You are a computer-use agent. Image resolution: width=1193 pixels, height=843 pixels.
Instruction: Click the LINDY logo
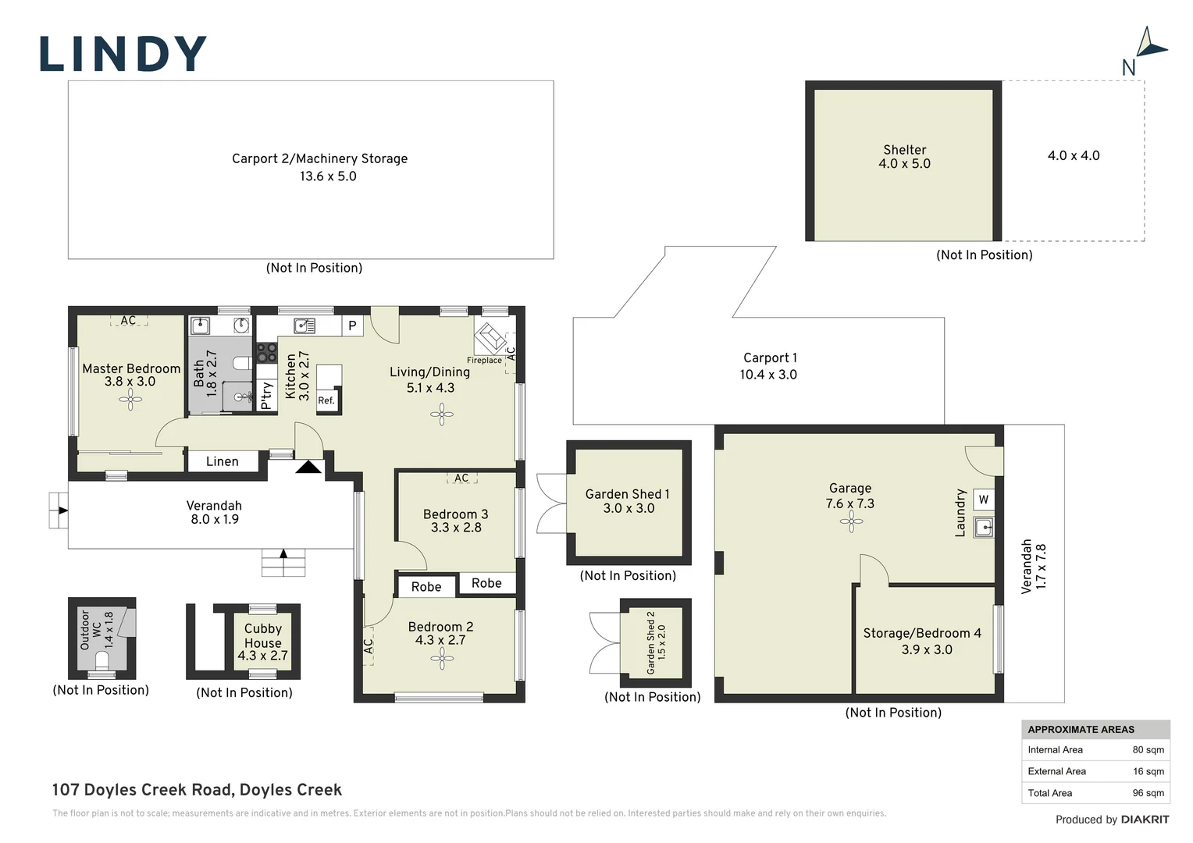point(123,53)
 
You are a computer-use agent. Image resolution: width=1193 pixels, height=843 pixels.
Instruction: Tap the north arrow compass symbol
point(1150,44)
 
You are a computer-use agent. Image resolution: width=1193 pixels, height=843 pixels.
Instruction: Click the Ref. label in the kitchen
point(326,400)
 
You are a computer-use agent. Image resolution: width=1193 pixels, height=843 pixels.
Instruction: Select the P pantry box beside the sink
point(352,325)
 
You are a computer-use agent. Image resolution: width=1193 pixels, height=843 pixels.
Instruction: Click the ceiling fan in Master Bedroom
point(130,399)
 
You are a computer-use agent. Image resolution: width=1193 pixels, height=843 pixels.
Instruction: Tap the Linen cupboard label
point(222,461)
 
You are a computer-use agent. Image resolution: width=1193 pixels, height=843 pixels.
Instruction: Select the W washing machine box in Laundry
point(983,500)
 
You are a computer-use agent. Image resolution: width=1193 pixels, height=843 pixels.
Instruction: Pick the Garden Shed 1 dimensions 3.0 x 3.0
point(629,508)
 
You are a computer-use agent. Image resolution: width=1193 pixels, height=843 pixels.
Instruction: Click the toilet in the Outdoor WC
point(101,661)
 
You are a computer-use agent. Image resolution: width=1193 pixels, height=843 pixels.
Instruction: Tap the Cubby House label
point(263,635)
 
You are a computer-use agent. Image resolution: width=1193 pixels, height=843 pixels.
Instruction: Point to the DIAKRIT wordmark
point(1145,820)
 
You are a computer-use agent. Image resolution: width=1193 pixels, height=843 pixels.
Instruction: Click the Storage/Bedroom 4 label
point(922,633)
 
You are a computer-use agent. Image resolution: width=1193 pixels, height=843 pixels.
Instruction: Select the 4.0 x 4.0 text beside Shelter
point(1074,155)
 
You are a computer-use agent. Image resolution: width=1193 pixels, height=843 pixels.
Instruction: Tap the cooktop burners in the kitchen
point(267,353)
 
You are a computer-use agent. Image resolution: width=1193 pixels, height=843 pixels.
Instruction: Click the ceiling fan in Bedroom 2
point(441,659)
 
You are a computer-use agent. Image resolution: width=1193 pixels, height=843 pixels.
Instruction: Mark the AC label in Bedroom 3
point(461,478)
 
